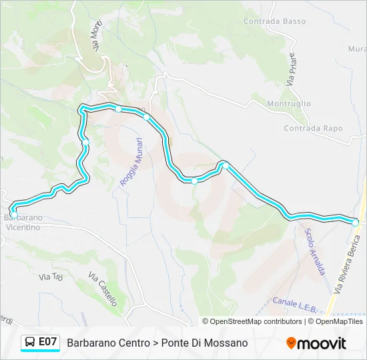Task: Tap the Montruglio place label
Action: click(289, 104)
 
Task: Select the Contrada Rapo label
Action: click(313, 128)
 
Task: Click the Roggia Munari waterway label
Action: click(131, 162)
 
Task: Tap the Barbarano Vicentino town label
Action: click(23, 223)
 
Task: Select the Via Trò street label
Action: click(50, 277)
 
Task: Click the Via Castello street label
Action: click(103, 287)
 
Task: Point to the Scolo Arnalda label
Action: click(314, 252)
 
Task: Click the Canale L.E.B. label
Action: click(294, 301)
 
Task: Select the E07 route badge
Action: click(47, 342)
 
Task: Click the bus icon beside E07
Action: click(30, 342)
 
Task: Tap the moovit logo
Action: click(316, 343)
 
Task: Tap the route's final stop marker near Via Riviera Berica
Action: click(355, 222)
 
